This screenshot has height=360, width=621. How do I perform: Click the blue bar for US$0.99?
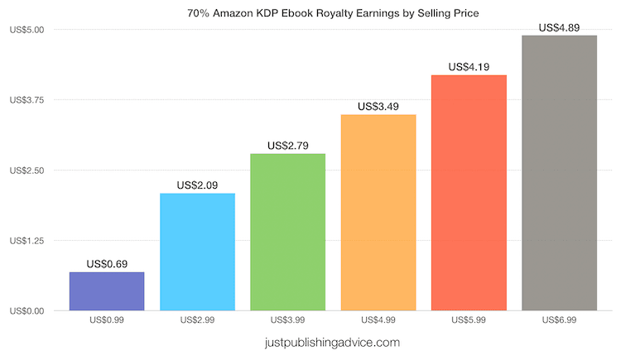pyautogui.click(x=107, y=291)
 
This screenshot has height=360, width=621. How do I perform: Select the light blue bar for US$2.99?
pyautogui.click(x=197, y=252)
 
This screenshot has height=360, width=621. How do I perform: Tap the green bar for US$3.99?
pyautogui.click(x=287, y=232)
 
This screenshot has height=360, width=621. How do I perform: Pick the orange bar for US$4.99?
pyautogui.click(x=378, y=213)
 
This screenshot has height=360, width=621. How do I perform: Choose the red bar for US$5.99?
pyautogui.click(x=469, y=193)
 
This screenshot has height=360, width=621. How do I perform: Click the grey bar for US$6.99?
pyautogui.click(x=559, y=173)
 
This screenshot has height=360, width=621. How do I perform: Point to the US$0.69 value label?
pyautogui.click(x=107, y=264)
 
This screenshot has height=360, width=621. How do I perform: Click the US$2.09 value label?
pyautogui.click(x=197, y=185)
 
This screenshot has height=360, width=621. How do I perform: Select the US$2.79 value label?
pyautogui.click(x=287, y=146)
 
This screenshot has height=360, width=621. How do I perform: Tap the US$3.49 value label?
pyautogui.click(x=378, y=107)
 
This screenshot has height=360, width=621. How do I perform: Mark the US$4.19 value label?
pyautogui.click(x=469, y=67)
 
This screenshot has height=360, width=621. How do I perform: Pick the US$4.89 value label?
pyautogui.click(x=559, y=27)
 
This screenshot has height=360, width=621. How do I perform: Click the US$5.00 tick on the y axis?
pyautogui.click(x=27, y=30)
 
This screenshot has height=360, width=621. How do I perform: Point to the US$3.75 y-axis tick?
pyautogui.click(x=27, y=100)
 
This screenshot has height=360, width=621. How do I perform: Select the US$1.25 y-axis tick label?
pyautogui.click(x=27, y=241)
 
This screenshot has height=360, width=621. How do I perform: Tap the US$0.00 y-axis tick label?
pyautogui.click(x=27, y=311)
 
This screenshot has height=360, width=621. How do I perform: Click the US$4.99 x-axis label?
pyautogui.click(x=378, y=320)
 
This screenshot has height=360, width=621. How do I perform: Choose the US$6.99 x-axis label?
pyautogui.click(x=559, y=320)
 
